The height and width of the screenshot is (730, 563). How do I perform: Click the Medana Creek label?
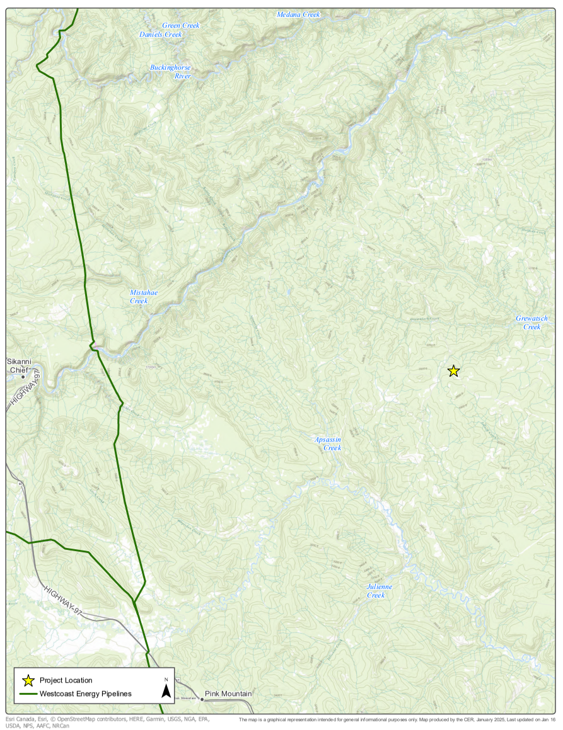pos(298,14)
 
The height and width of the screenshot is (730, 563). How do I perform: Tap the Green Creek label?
pos(180,26)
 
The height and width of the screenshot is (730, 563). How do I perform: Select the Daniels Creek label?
pos(160,35)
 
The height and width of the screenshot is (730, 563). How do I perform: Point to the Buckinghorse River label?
pos(170,72)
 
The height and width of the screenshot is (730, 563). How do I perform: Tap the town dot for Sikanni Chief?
pos(23,377)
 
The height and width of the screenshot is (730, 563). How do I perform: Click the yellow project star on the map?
pos(453,371)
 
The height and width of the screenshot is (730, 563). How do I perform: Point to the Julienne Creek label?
pos(380,591)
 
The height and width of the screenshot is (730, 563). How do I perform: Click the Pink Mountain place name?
pos(228,694)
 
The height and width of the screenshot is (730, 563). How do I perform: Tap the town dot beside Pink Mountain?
pos(202,699)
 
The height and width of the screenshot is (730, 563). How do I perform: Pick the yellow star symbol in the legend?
pos(28,680)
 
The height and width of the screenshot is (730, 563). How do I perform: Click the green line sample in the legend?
pos(28,694)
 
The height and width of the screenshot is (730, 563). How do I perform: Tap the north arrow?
pos(166,690)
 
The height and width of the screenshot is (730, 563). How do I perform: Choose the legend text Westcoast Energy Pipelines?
pos(86,694)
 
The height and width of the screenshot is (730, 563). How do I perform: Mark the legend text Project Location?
pos(66,680)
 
